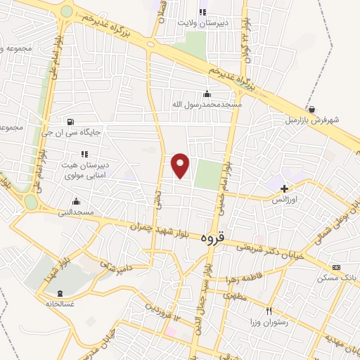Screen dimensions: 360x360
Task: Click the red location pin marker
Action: (x=181, y=165)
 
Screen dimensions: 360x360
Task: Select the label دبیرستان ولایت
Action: (x=202, y=22)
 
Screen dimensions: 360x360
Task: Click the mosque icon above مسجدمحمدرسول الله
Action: (x=207, y=95)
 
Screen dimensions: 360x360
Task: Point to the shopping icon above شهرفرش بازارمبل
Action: (x=311, y=109)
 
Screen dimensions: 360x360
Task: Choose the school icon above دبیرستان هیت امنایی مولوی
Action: (x=84, y=153)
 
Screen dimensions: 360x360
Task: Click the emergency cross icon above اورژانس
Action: (x=284, y=188)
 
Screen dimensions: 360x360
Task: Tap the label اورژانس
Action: (x=285, y=199)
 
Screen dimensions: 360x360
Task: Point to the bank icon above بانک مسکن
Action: (x=336, y=267)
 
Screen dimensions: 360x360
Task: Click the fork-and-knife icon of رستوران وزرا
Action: (x=268, y=311)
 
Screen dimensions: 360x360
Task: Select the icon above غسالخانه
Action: (x=60, y=293)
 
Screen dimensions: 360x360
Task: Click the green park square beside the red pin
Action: (x=207, y=174)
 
